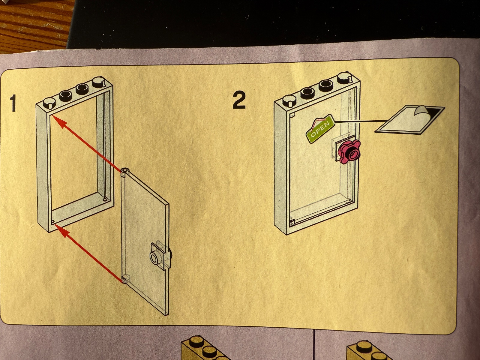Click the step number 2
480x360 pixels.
tap(239, 100)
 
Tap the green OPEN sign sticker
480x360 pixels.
tap(320, 129)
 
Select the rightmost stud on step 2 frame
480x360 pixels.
tap(344, 78)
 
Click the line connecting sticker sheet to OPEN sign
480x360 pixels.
tap(360, 121)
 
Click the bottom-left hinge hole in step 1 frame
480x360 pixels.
tap(53, 221)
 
